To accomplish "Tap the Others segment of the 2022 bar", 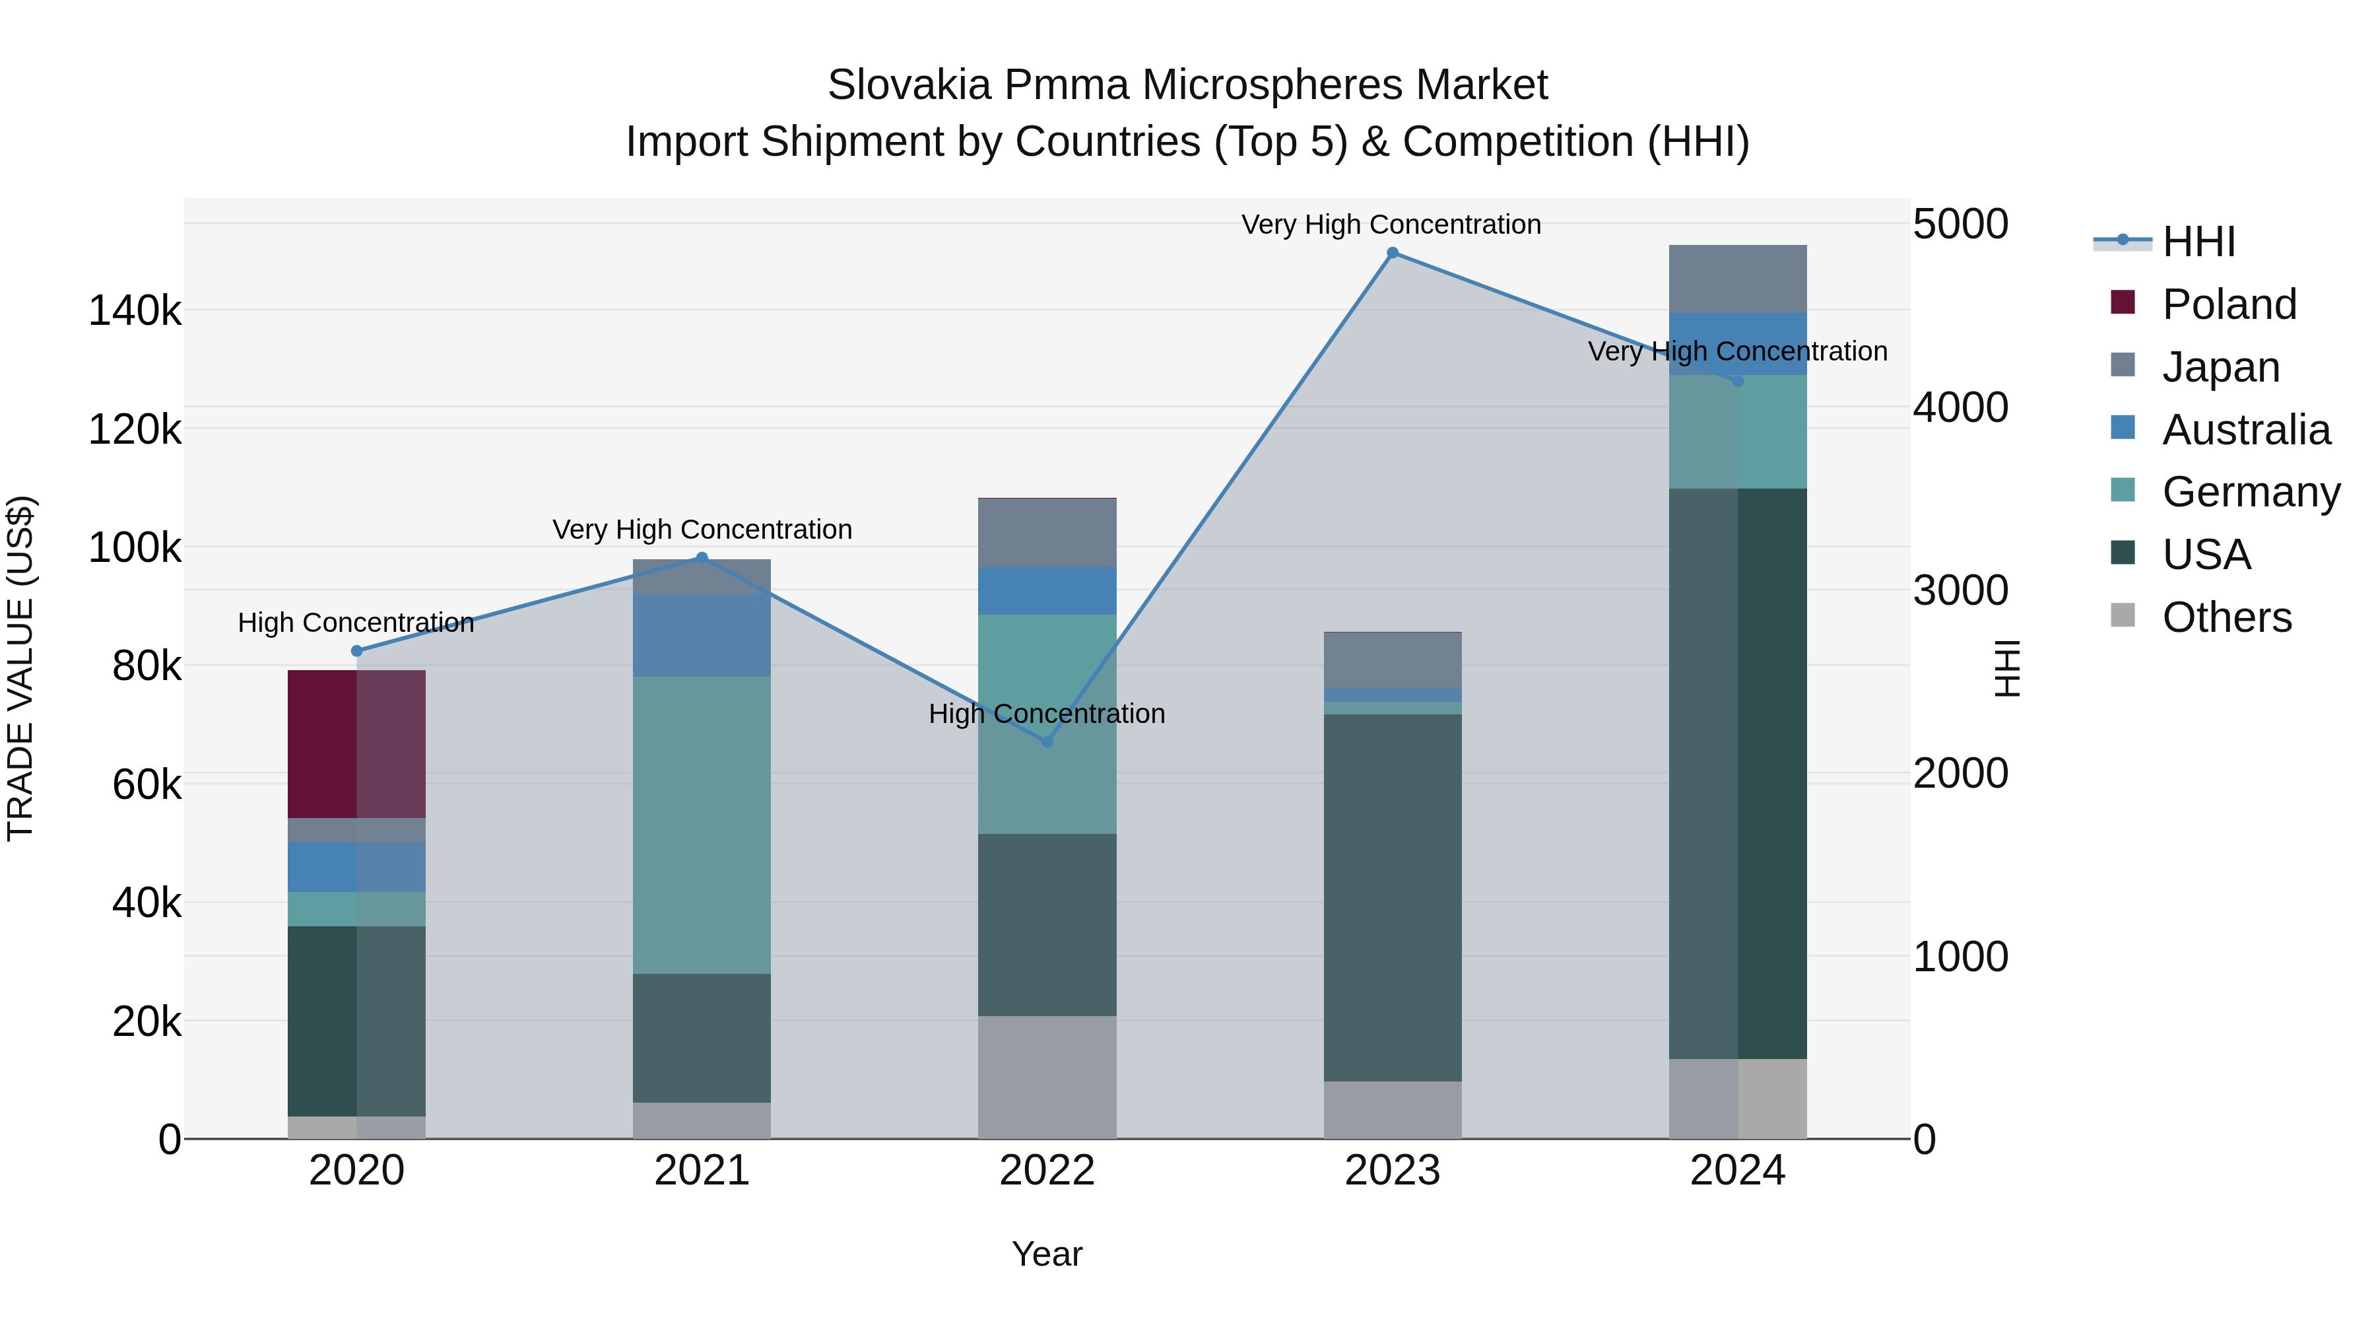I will click(x=1047, y=1077).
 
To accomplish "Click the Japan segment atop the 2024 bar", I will click(x=1737, y=279).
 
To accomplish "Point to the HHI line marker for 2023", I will click(x=1392, y=253).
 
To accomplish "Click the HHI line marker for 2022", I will click(x=1047, y=742).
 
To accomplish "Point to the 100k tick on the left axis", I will click(x=135, y=548).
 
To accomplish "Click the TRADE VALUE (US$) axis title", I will click(x=20, y=668).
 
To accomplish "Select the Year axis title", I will click(x=1047, y=1254).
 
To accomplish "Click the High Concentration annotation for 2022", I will click(x=1047, y=714).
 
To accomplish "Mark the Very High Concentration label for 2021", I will click(x=702, y=530).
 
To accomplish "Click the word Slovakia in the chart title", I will click(x=909, y=85).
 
